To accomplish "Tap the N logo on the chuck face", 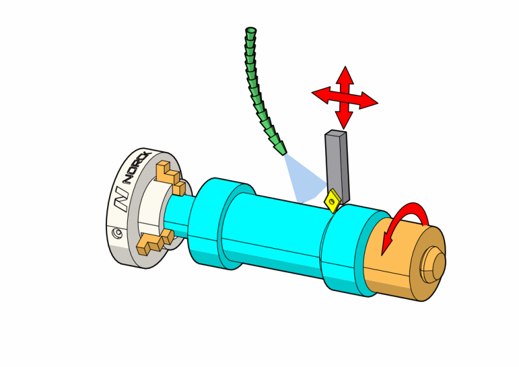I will point(122,197).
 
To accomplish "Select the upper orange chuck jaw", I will point(170,176).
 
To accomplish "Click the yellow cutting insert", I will point(333,200).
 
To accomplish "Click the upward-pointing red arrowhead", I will point(344,73).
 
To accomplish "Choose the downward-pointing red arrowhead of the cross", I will point(344,121).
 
